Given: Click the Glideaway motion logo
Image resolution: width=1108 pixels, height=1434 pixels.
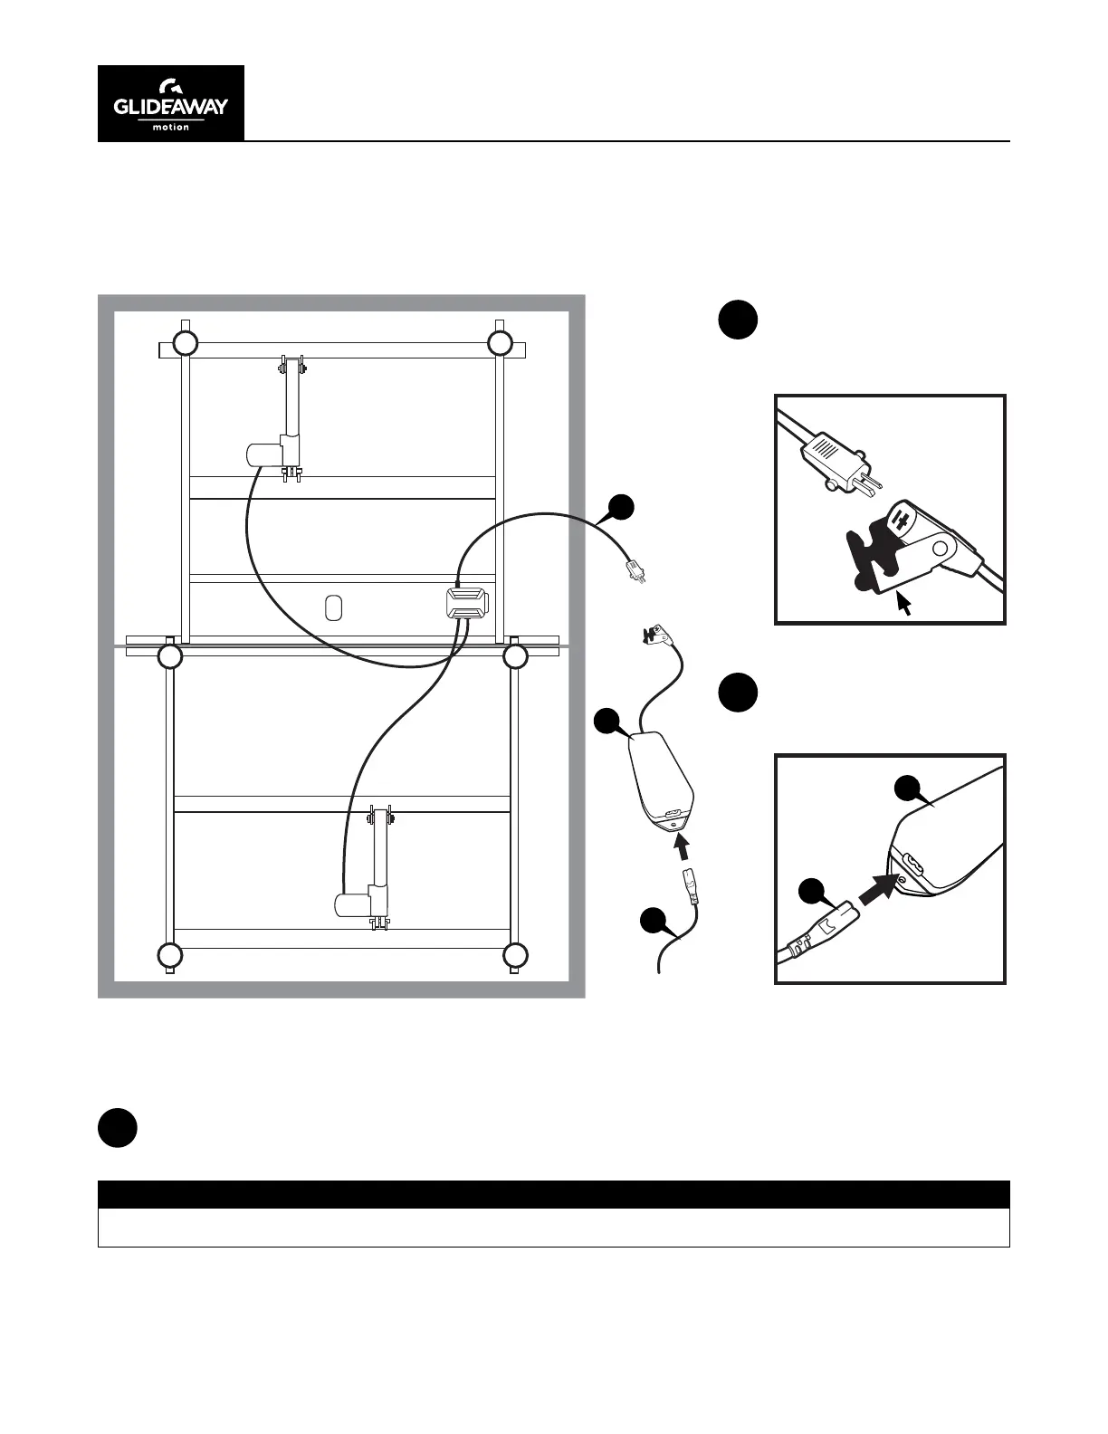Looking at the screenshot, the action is (171, 103).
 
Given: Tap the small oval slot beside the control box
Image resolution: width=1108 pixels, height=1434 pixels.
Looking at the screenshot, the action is (333, 607).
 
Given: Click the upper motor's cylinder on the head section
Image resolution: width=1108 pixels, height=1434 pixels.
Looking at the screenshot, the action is (263, 454).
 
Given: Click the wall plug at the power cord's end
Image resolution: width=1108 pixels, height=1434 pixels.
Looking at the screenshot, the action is (633, 572).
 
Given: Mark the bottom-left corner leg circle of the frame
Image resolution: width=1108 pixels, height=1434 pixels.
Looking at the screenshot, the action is (169, 955).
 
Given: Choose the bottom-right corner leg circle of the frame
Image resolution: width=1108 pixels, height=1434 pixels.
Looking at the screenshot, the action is (515, 955).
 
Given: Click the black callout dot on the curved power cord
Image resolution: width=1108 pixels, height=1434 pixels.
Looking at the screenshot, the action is (620, 508).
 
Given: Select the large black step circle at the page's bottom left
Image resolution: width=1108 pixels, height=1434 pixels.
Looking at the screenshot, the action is (118, 1128).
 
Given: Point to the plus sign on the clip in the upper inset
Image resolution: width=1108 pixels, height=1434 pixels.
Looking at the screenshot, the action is (901, 520).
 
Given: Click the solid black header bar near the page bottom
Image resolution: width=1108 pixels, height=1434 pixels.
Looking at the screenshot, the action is (553, 1194).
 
